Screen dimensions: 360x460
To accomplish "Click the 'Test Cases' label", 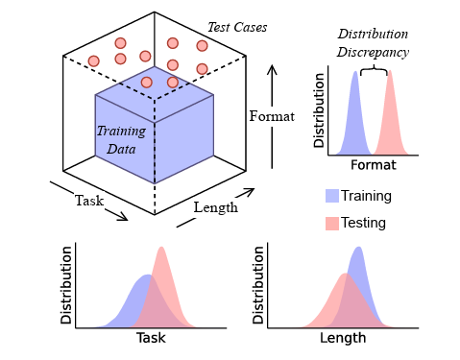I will coord(236,27).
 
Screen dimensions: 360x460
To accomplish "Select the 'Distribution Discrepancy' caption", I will coord(373,43).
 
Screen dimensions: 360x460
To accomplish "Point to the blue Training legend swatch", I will coord(331,196).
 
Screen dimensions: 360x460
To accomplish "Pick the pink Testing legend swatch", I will coord(331,223).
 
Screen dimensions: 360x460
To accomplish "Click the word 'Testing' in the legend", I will coord(363,223).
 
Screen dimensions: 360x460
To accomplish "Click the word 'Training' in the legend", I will coord(366,196).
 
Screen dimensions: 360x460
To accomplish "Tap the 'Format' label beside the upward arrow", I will coord(272,116).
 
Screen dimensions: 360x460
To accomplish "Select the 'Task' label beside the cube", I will coord(89,201).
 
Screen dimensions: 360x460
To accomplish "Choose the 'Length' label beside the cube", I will coord(216,207).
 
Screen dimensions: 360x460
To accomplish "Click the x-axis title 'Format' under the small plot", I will coord(373,164).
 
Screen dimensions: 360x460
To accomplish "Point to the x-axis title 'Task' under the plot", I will coord(151,338).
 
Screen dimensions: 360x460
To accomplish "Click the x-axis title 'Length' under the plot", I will coord(343,338).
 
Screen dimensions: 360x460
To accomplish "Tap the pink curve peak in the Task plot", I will coord(161,249).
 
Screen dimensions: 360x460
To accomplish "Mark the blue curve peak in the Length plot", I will coord(359,249).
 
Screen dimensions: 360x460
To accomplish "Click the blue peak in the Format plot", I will coord(353,73).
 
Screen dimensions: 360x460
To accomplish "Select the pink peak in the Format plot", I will coord(391,73).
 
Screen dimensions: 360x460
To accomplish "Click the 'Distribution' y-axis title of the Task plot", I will coord(66,284).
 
